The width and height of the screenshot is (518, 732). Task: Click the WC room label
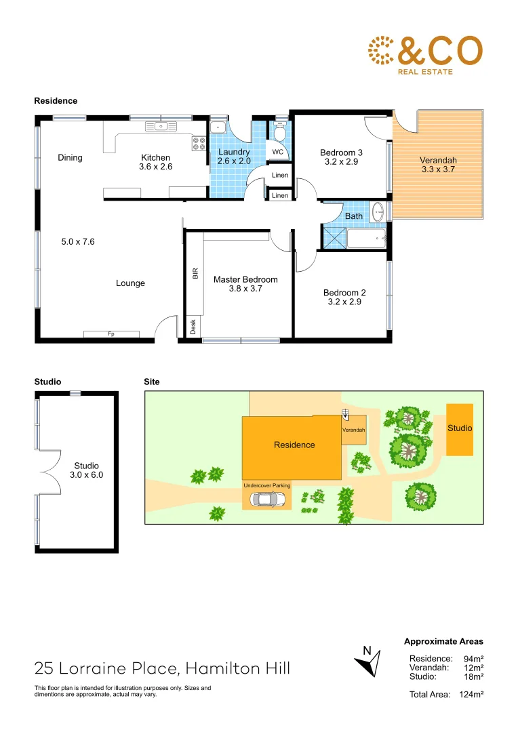pos(278,152)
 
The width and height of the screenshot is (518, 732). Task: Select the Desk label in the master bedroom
pos(193,327)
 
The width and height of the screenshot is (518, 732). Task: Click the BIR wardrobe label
pos(195,274)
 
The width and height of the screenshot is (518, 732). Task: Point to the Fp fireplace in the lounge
pos(111,334)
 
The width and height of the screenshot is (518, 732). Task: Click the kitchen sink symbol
pos(161,125)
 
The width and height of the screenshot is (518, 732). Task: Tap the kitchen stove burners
pos(199,143)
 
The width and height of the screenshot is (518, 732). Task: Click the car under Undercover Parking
pos(267,500)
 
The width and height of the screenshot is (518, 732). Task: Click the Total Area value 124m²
pos(470,694)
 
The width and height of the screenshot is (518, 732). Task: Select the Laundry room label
pos(234,152)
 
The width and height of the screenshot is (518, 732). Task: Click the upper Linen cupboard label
pos(280,176)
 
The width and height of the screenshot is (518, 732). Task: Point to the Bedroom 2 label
pos(344,293)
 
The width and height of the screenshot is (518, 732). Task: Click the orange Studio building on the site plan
pos(460,430)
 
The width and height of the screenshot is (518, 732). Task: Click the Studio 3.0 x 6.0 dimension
pos(86,475)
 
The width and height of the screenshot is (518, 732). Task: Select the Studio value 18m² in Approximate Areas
pos(473,676)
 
